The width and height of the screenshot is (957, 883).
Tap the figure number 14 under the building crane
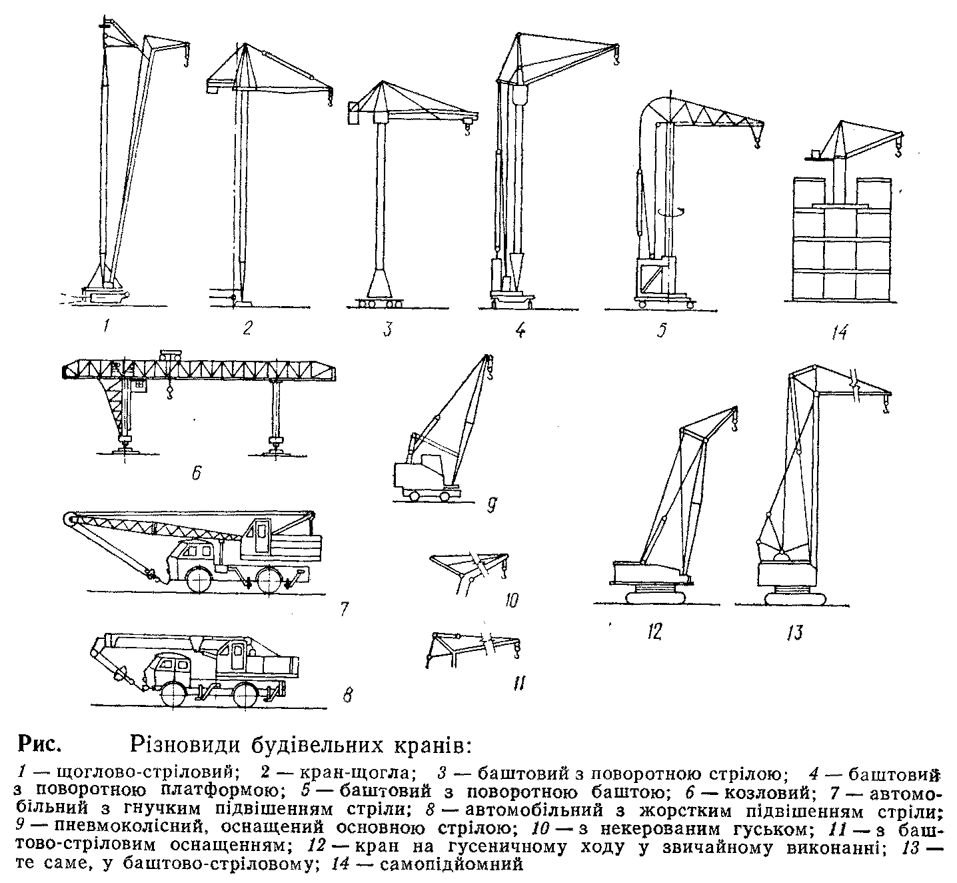[x=839, y=331]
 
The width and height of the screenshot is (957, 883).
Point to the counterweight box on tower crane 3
[x=353, y=114]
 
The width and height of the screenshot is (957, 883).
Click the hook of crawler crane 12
[x=734, y=425]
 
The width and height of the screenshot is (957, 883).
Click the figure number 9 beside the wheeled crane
[x=491, y=504]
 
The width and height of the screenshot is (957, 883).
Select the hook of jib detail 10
[x=503, y=573]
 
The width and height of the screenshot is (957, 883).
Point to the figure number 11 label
[x=518, y=683]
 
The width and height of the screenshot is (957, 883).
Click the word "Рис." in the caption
[x=39, y=745]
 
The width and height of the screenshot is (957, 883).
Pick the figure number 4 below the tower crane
[x=520, y=329]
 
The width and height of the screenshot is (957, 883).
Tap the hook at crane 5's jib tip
[x=757, y=142]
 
